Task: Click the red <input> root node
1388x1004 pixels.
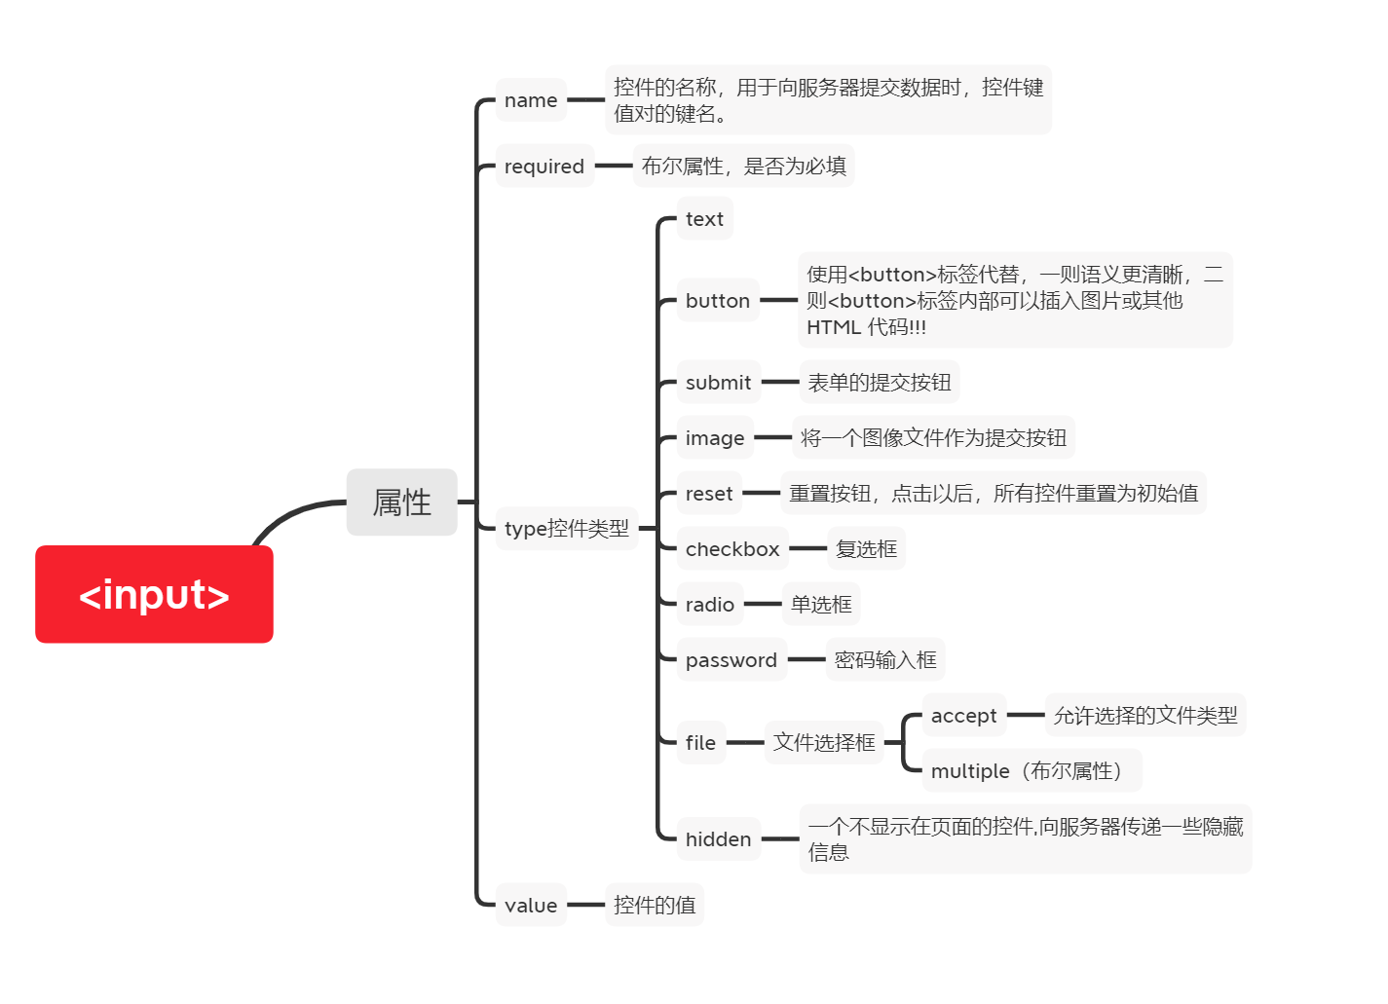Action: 154,594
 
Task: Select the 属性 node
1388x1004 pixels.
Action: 401,502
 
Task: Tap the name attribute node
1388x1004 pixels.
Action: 531,100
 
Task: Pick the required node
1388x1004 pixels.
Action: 544,167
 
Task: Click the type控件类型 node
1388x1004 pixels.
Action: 566,529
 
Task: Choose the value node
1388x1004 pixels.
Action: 531,906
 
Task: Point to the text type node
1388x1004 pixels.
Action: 704,219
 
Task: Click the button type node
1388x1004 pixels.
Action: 717,301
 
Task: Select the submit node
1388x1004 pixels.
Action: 718,383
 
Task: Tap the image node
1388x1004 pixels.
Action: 715,438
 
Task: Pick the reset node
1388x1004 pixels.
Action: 708,494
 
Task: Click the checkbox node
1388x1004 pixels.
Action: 732,549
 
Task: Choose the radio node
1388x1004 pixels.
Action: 709,605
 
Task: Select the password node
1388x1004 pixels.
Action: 731,660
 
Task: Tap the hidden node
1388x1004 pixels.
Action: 718,839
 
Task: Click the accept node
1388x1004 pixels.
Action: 963,716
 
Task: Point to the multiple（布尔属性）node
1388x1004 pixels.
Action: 1031,771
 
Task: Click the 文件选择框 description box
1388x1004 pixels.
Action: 824,743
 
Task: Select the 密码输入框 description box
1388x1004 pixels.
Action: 885,660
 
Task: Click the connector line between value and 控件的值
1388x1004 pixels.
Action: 585,905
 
